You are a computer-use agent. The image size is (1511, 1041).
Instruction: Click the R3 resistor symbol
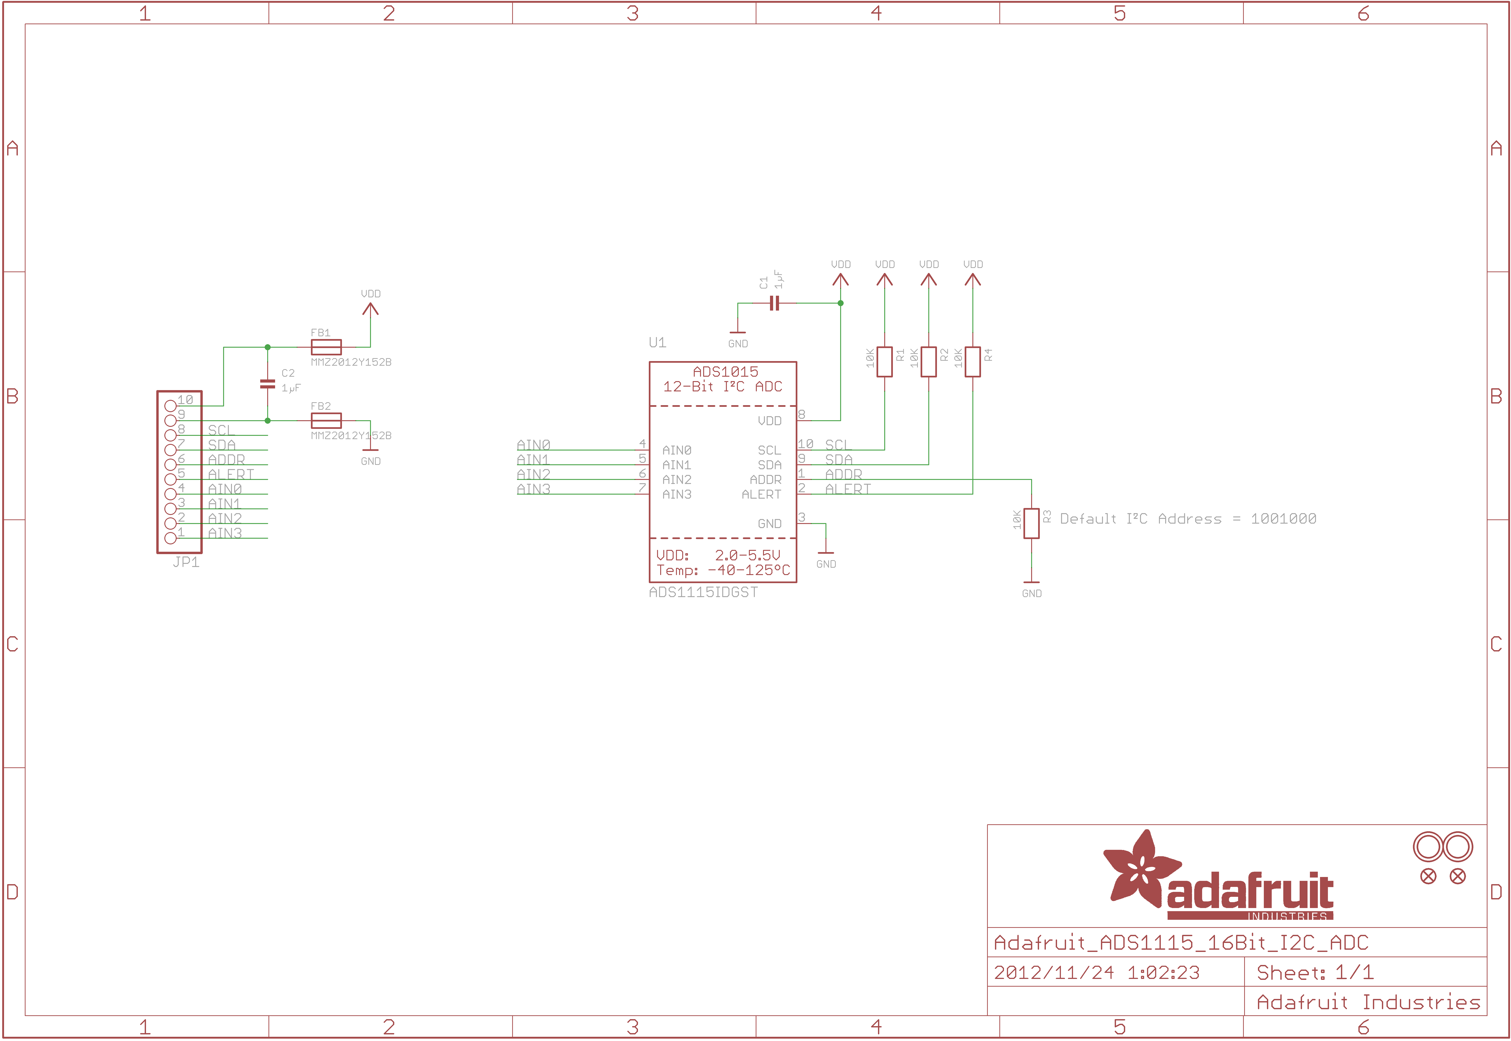click(1031, 523)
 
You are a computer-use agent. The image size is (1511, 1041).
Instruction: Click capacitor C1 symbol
click(774, 303)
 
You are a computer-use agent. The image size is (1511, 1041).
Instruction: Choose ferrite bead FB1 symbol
click(326, 347)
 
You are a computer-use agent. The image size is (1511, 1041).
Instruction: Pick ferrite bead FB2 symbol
click(326, 421)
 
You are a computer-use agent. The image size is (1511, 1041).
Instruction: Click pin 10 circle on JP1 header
click(170, 406)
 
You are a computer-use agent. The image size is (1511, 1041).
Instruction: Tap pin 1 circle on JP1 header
click(170, 538)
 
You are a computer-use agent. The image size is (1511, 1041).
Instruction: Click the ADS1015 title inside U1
click(725, 372)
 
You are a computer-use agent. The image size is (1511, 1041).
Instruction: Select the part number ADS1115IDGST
click(703, 592)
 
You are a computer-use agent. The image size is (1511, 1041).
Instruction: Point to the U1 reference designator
click(657, 342)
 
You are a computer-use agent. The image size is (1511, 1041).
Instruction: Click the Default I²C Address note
click(1188, 518)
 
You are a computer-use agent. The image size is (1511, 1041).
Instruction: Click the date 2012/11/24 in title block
click(1054, 972)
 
